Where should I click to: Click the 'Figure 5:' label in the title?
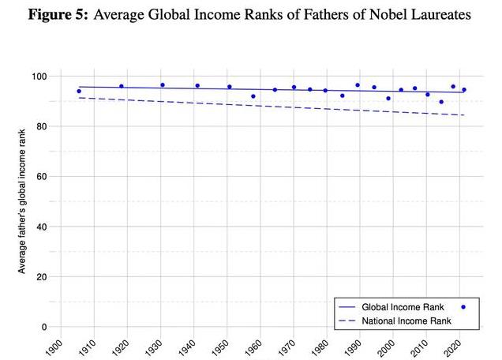coord(58,15)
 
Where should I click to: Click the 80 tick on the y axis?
coord(42,126)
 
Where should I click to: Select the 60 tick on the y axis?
coord(42,176)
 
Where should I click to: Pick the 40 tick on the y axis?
coord(42,227)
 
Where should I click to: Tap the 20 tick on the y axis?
coord(42,276)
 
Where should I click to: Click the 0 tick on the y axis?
coord(45,327)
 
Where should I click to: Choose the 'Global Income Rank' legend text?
coord(403,306)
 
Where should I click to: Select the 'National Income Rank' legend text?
coord(406,321)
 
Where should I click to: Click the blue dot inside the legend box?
coord(463,306)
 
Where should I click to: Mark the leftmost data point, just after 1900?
coord(79,92)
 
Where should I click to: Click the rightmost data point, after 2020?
coord(464,90)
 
